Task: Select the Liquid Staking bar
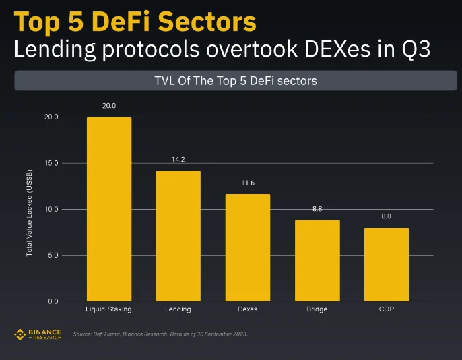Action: pyautogui.click(x=109, y=209)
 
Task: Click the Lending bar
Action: pyautogui.click(x=178, y=236)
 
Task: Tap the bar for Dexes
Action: pyautogui.click(x=247, y=247)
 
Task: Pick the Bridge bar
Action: pyautogui.click(x=317, y=260)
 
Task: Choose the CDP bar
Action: pyautogui.click(x=386, y=264)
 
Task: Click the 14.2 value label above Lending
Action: pyautogui.click(x=178, y=160)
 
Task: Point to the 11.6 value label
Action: pyautogui.click(x=247, y=183)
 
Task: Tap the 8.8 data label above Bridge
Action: pyautogui.click(x=317, y=210)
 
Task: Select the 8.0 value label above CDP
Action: pyautogui.click(x=386, y=216)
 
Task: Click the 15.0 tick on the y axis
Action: pyautogui.click(x=51, y=163)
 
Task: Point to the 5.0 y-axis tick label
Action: pyautogui.click(x=53, y=256)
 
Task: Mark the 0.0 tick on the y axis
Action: pyautogui.click(x=53, y=301)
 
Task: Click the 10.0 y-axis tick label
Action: pyautogui.click(x=51, y=209)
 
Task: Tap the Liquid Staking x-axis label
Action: pyautogui.click(x=108, y=309)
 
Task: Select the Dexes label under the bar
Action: pyautogui.click(x=247, y=309)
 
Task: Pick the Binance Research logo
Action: pyautogui.click(x=38, y=334)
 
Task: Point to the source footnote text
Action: pyautogui.click(x=160, y=334)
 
